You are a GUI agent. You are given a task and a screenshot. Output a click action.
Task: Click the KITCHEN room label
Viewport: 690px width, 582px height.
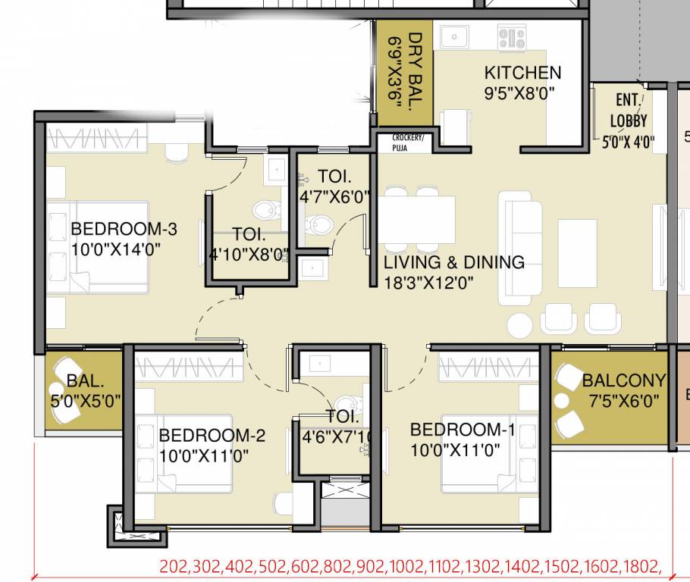pyautogui.click(x=522, y=73)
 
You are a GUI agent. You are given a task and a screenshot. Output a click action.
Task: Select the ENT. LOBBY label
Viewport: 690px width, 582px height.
pyautogui.click(x=629, y=111)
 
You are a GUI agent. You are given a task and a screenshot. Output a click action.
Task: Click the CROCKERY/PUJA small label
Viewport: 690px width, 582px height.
pyautogui.click(x=408, y=142)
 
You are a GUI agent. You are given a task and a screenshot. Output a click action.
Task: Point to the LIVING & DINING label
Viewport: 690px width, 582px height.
pyautogui.click(x=453, y=262)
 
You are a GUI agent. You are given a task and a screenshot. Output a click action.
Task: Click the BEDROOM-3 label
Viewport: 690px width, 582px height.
pyautogui.click(x=124, y=229)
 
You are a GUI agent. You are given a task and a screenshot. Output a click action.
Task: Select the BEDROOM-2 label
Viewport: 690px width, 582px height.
pyautogui.click(x=212, y=435)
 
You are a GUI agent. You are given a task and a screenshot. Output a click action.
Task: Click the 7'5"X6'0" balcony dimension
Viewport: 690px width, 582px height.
pyautogui.click(x=620, y=400)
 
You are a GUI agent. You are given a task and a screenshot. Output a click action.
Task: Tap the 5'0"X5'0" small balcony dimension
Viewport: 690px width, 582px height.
pyautogui.click(x=85, y=401)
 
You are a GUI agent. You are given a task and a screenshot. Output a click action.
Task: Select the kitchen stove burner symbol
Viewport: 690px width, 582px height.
pyautogui.click(x=512, y=36)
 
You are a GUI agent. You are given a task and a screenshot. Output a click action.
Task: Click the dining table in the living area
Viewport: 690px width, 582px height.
pyautogui.click(x=417, y=220)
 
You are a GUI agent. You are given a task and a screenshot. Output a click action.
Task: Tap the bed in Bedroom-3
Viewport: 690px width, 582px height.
pyautogui.click(x=99, y=246)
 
